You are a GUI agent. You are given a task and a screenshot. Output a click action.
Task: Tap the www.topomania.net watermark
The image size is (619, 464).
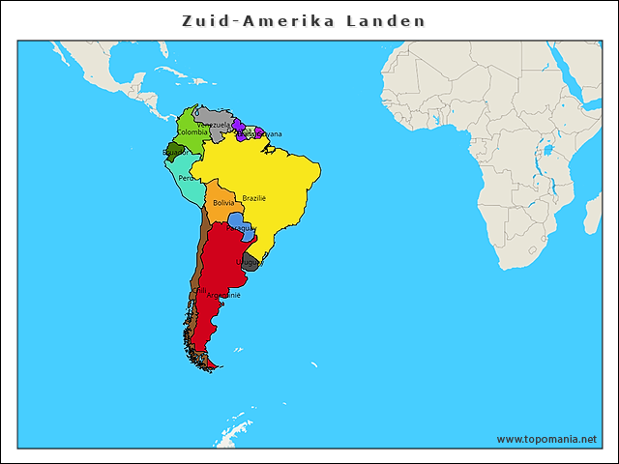[546, 439]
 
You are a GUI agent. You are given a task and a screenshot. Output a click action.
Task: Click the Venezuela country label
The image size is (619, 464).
[214, 125]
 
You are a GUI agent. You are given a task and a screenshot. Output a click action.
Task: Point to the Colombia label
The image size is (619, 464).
[192, 132]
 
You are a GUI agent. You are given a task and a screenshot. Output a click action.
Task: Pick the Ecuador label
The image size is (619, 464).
[175, 152]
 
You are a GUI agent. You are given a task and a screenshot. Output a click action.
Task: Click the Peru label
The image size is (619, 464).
[186, 178]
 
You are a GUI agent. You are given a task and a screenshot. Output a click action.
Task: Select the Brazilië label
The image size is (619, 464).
[253, 197]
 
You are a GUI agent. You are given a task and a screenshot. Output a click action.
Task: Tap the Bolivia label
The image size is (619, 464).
[223, 203]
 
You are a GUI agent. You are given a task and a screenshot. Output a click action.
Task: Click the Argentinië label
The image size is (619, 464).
[223, 295]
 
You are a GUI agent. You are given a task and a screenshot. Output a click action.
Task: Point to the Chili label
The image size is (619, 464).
[200, 289]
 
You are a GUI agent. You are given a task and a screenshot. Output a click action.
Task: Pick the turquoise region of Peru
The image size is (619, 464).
[184, 184]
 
